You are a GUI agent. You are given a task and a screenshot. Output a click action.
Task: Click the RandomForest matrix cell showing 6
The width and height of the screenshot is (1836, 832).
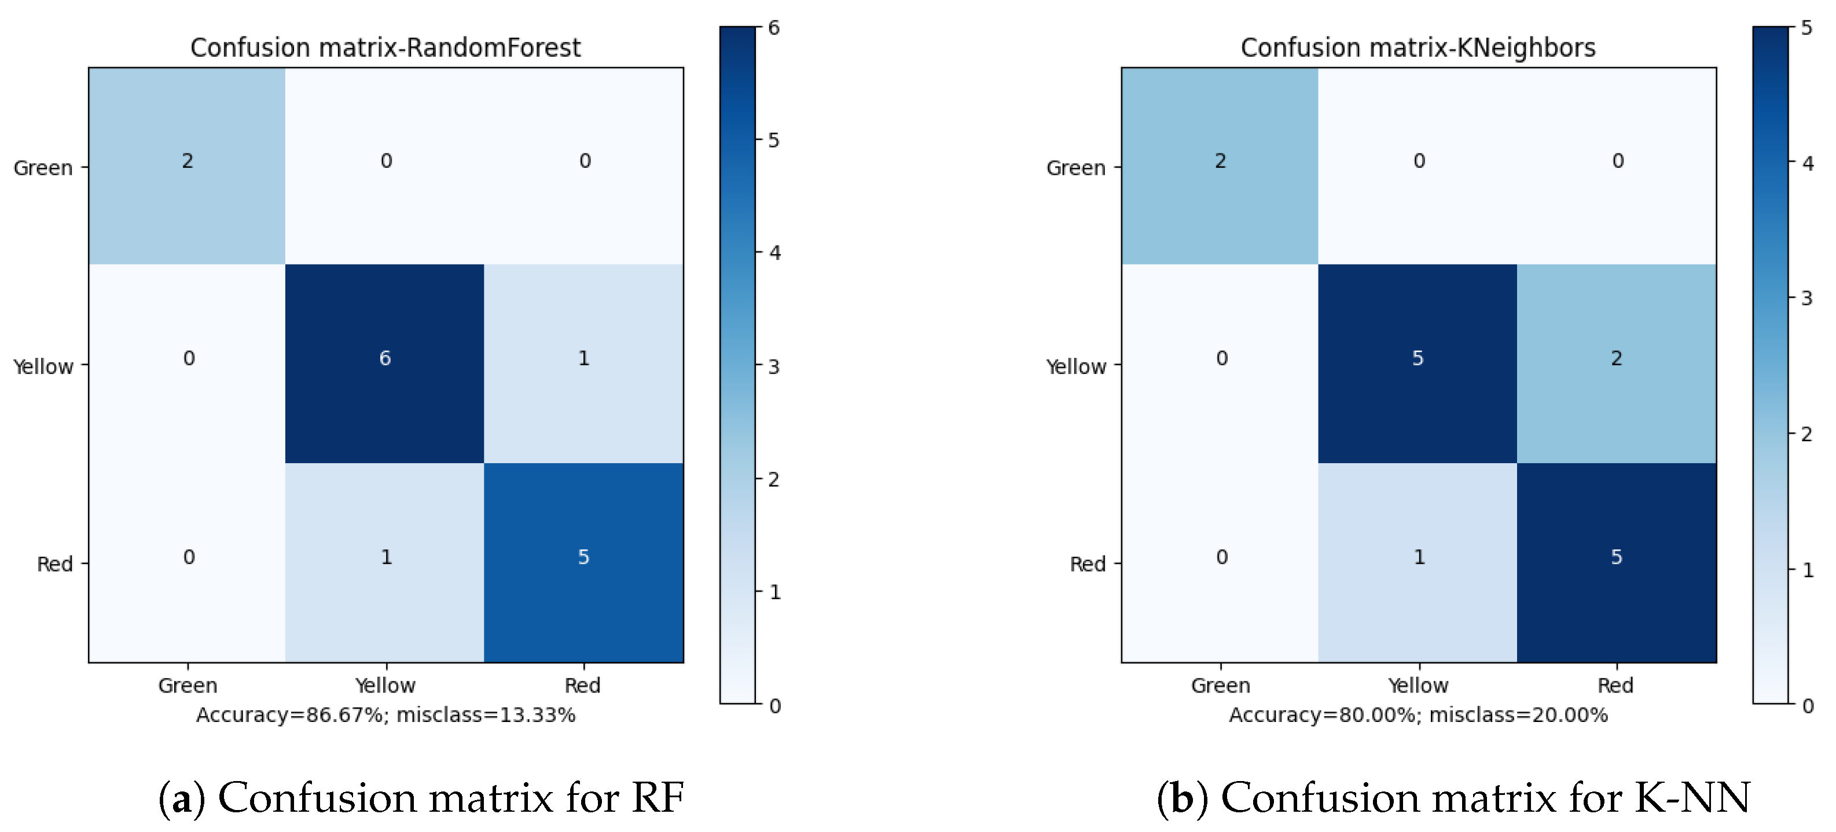385,364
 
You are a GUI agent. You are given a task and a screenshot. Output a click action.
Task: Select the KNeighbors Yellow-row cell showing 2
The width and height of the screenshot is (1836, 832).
1617,364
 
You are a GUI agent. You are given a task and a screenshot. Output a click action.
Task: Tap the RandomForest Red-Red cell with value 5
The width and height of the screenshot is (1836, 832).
583,563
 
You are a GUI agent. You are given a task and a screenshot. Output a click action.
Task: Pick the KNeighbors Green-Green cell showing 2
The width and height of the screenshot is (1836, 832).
1220,166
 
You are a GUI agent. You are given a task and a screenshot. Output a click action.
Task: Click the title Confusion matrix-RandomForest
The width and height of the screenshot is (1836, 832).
385,48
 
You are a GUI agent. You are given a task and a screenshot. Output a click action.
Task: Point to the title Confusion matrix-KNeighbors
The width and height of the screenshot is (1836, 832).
1418,48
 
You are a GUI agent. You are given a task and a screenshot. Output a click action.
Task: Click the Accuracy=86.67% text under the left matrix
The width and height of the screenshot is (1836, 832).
385,714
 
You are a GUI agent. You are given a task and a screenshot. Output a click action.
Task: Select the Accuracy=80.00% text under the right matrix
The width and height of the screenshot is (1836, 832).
1418,714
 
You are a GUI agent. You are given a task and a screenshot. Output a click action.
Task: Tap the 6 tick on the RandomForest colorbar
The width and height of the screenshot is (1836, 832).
774,28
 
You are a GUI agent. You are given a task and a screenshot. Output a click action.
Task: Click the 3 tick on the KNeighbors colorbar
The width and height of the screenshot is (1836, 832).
1807,298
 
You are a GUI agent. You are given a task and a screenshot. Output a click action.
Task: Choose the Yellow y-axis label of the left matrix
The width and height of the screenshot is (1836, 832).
43,366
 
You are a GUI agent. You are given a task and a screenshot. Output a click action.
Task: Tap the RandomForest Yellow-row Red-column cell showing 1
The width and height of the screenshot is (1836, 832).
583,364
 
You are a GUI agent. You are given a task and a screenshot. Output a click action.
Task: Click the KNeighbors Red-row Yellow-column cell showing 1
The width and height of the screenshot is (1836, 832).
1418,563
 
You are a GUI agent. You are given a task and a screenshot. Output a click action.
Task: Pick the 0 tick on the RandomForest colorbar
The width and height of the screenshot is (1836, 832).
774,706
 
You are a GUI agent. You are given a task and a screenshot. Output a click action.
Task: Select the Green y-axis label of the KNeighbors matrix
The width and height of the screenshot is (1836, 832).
1075,168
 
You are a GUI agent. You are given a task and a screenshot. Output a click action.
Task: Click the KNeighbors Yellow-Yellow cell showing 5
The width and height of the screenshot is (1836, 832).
1418,364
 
